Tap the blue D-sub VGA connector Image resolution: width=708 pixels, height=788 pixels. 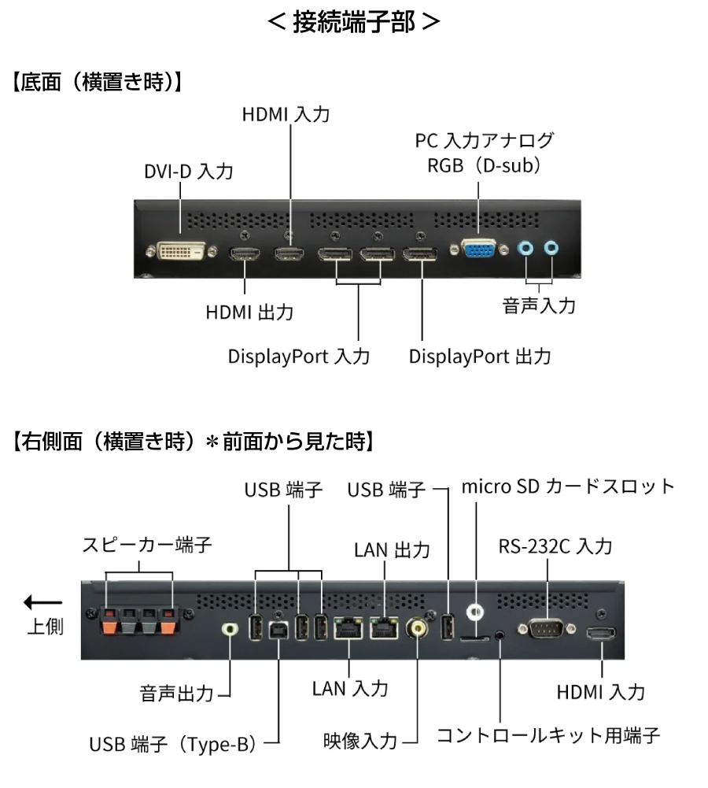[x=478, y=250]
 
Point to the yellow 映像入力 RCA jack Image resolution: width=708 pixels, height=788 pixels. [x=418, y=628]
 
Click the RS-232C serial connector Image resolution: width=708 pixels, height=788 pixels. [x=544, y=628]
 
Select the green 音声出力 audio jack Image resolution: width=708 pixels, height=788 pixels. [x=230, y=631]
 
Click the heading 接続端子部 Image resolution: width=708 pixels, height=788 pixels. [x=353, y=21]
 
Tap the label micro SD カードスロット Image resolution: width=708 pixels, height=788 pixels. [x=568, y=486]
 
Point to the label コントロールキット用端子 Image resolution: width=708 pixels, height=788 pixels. [x=548, y=736]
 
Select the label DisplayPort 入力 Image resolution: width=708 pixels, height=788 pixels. [x=299, y=356]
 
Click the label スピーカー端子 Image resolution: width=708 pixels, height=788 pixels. [x=148, y=545]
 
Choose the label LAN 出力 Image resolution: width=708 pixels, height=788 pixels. [x=392, y=549]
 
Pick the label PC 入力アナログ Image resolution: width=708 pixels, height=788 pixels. [x=485, y=141]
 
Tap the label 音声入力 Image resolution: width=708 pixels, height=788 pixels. [x=539, y=305]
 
